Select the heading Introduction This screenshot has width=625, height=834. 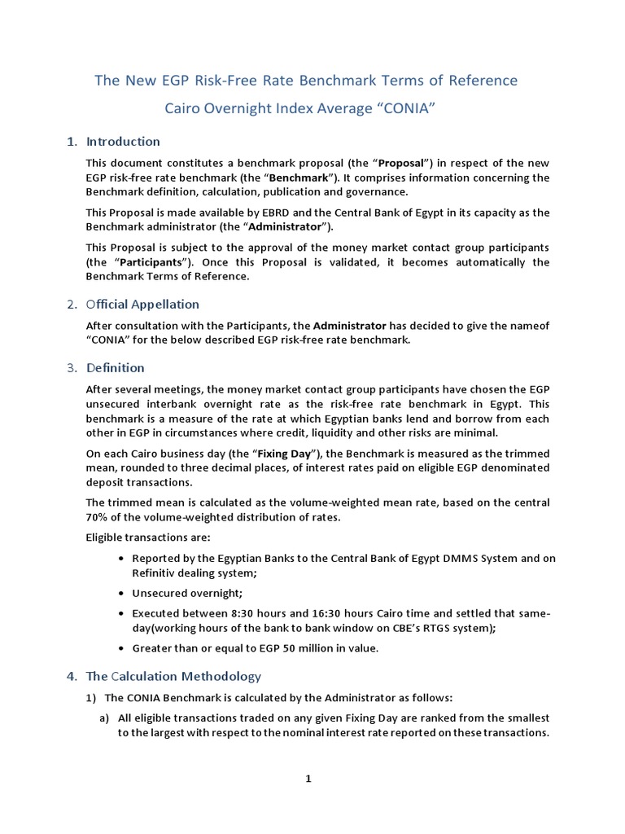[x=123, y=142]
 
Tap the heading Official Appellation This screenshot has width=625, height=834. [x=142, y=305]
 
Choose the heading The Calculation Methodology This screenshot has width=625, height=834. [x=173, y=676]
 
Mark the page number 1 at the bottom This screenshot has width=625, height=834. [x=308, y=779]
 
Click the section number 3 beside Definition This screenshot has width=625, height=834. [x=71, y=367]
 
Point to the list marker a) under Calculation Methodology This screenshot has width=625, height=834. [x=105, y=718]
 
